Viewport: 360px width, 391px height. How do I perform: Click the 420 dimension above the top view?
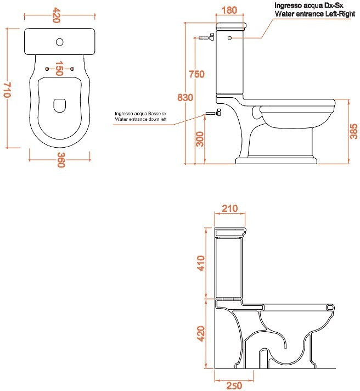tap(57, 15)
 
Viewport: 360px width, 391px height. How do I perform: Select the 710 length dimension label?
tap(7, 90)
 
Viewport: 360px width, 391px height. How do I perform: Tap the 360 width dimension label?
tap(61, 160)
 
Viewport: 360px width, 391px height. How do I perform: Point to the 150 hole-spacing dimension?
tap(59, 68)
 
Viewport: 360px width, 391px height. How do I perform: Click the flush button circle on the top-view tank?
tap(60, 42)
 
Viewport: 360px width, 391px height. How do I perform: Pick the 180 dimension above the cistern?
tap(229, 10)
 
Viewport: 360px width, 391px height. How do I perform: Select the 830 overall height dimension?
tap(185, 98)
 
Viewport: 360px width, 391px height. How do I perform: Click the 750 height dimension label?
tap(197, 74)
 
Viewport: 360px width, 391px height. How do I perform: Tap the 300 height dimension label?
tap(200, 139)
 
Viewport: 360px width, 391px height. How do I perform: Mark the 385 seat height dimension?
tap(354, 131)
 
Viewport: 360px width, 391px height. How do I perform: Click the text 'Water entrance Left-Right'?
tap(315, 14)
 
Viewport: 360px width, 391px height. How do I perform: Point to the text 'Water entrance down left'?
tap(140, 119)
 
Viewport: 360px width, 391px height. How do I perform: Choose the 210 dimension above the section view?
tap(230, 209)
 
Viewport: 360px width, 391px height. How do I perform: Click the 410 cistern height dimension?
tap(201, 263)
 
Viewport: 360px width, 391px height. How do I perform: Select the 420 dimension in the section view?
tap(201, 333)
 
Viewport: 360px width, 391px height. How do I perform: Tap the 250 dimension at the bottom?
tap(234, 386)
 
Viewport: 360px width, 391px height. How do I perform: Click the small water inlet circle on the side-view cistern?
tap(229, 38)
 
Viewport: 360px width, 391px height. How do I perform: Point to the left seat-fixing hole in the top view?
tap(47, 69)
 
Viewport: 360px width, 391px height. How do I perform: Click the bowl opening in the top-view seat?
tap(60, 105)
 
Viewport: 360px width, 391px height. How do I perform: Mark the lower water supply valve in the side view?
tap(213, 113)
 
